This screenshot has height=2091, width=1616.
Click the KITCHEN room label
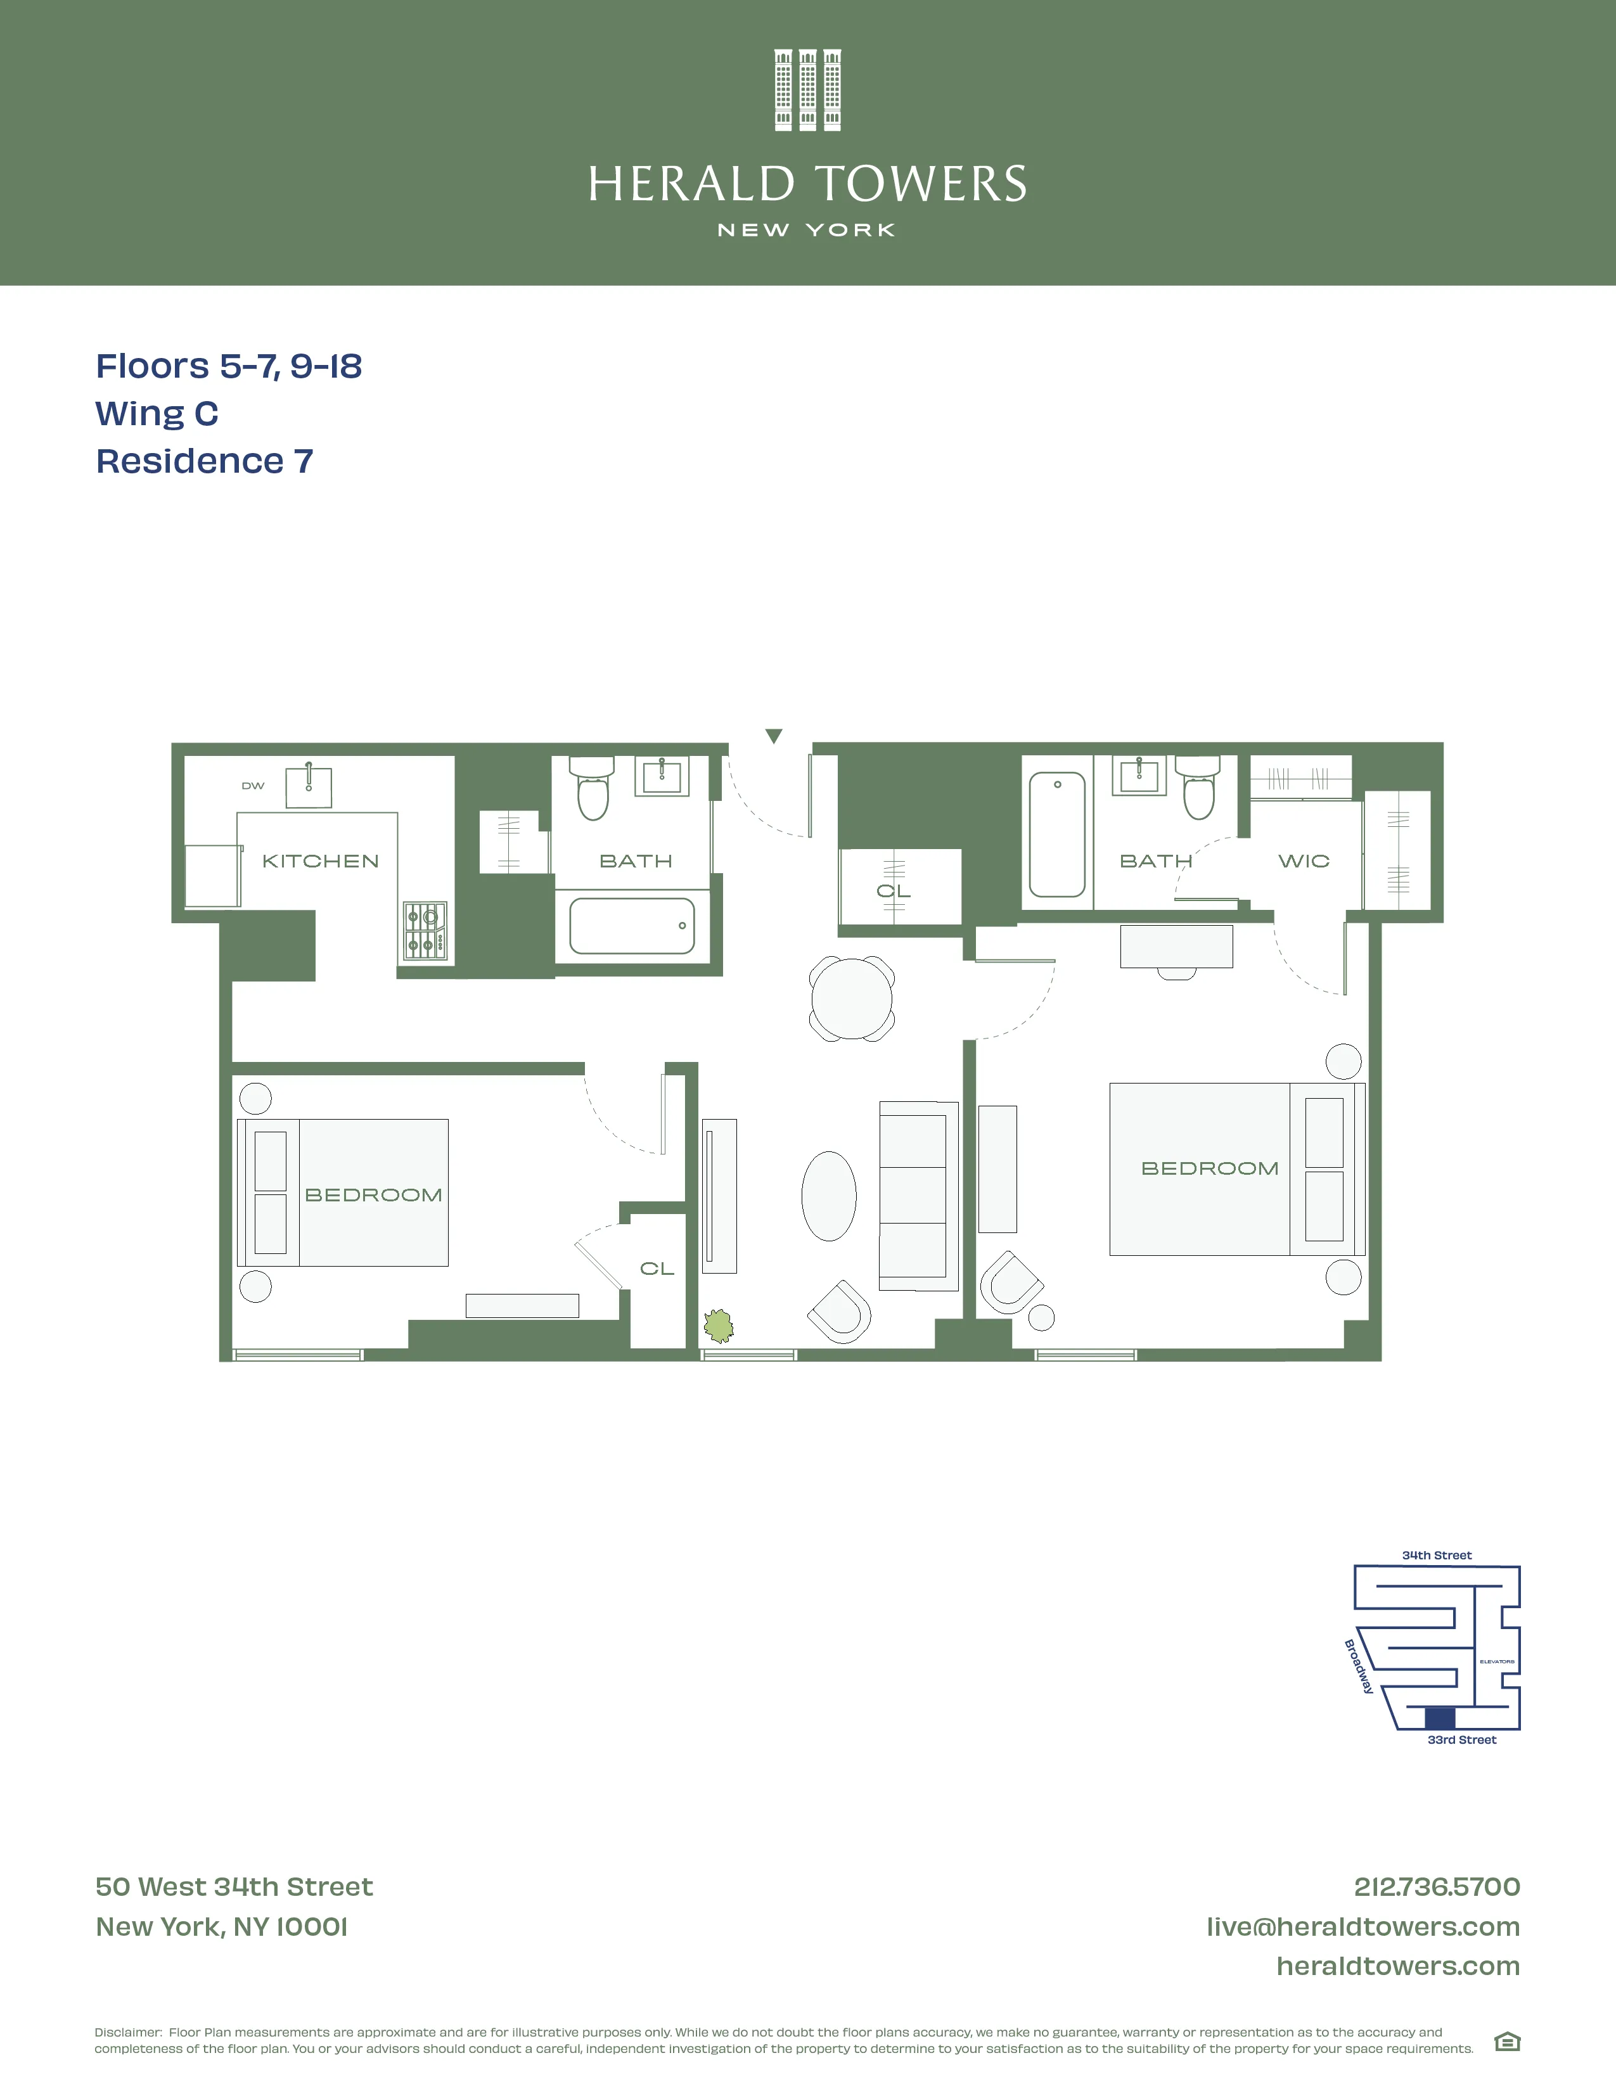321,860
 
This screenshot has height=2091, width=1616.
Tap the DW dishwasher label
253,786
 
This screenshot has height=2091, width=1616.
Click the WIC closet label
1304,860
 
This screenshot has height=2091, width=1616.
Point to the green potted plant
718,1326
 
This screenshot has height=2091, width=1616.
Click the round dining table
851,999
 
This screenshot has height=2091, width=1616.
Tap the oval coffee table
828,1196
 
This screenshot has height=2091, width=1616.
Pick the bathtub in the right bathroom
1057,835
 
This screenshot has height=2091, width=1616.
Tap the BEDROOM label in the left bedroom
373,1195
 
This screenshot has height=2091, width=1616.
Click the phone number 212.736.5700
1436,1886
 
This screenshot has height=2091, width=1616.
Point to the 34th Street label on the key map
1436,1555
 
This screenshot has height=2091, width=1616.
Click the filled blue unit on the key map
1440,1718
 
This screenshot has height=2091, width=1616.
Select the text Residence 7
205,461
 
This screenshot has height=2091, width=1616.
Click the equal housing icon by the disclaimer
1507,2042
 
